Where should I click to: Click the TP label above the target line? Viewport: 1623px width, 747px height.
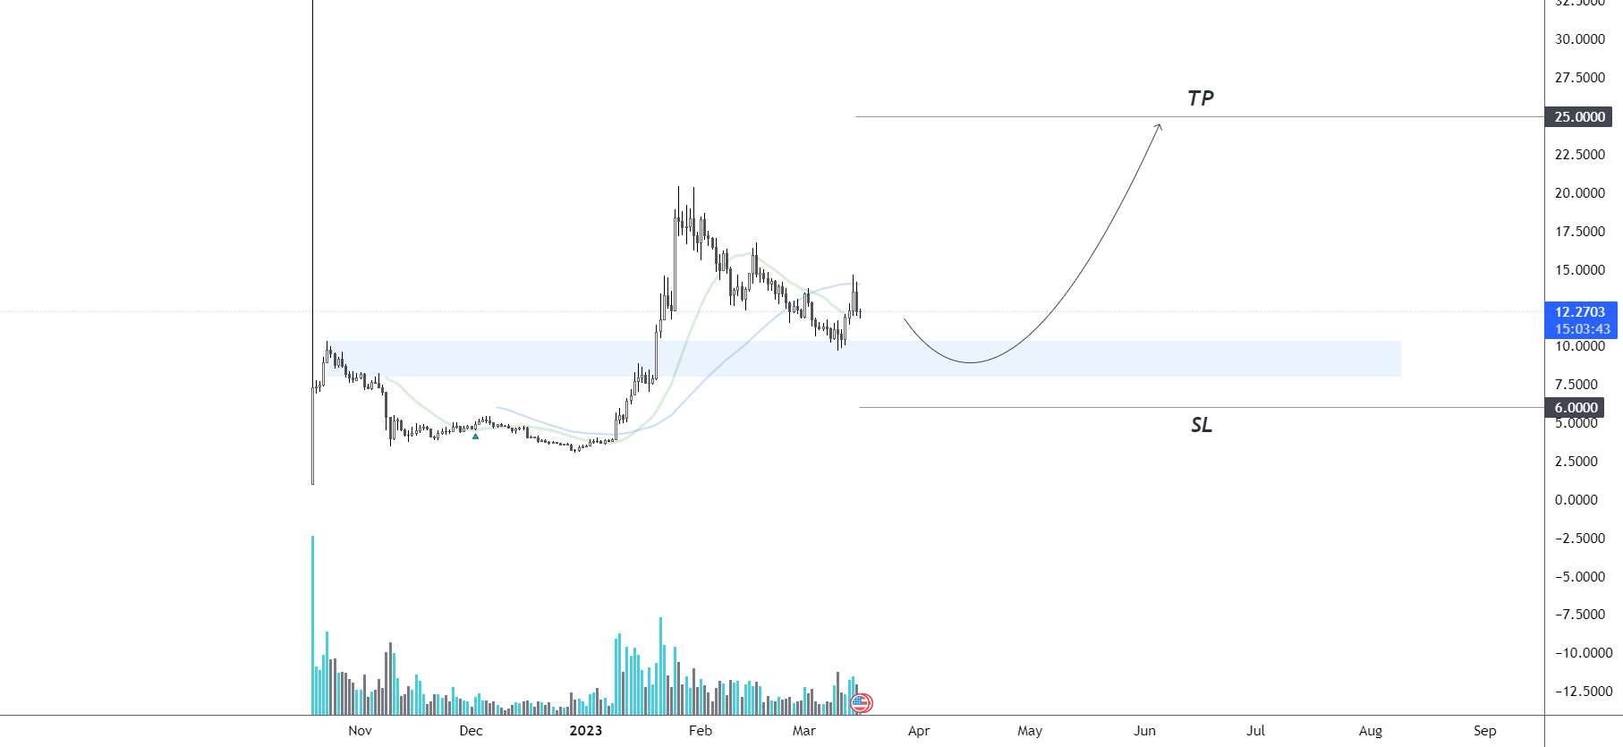point(1200,98)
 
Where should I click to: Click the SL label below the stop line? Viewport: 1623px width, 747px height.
point(1201,425)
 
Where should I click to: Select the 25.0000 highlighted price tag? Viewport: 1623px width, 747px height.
point(1580,117)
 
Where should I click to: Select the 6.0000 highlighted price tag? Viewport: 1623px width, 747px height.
point(1576,408)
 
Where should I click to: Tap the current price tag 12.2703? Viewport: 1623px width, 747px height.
point(1580,312)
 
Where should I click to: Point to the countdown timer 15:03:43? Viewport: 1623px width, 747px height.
point(1582,329)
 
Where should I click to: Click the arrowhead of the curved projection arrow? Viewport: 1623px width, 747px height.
point(1159,127)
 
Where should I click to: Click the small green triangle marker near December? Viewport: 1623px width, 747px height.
point(475,436)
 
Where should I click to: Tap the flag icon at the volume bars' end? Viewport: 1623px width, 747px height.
point(861,703)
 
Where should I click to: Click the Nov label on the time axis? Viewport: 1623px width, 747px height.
point(360,731)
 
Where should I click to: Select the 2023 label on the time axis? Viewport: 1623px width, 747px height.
point(586,731)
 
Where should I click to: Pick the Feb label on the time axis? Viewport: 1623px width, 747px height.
point(701,731)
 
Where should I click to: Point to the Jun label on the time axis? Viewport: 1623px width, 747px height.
point(1144,731)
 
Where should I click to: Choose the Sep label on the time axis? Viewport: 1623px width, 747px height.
point(1484,731)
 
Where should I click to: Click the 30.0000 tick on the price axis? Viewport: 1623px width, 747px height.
point(1579,39)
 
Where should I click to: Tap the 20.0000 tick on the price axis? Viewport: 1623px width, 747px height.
point(1579,193)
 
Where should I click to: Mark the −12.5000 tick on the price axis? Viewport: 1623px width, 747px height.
point(1579,692)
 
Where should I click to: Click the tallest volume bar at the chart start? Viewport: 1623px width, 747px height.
point(312,626)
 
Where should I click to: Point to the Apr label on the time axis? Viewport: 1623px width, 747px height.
point(919,731)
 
